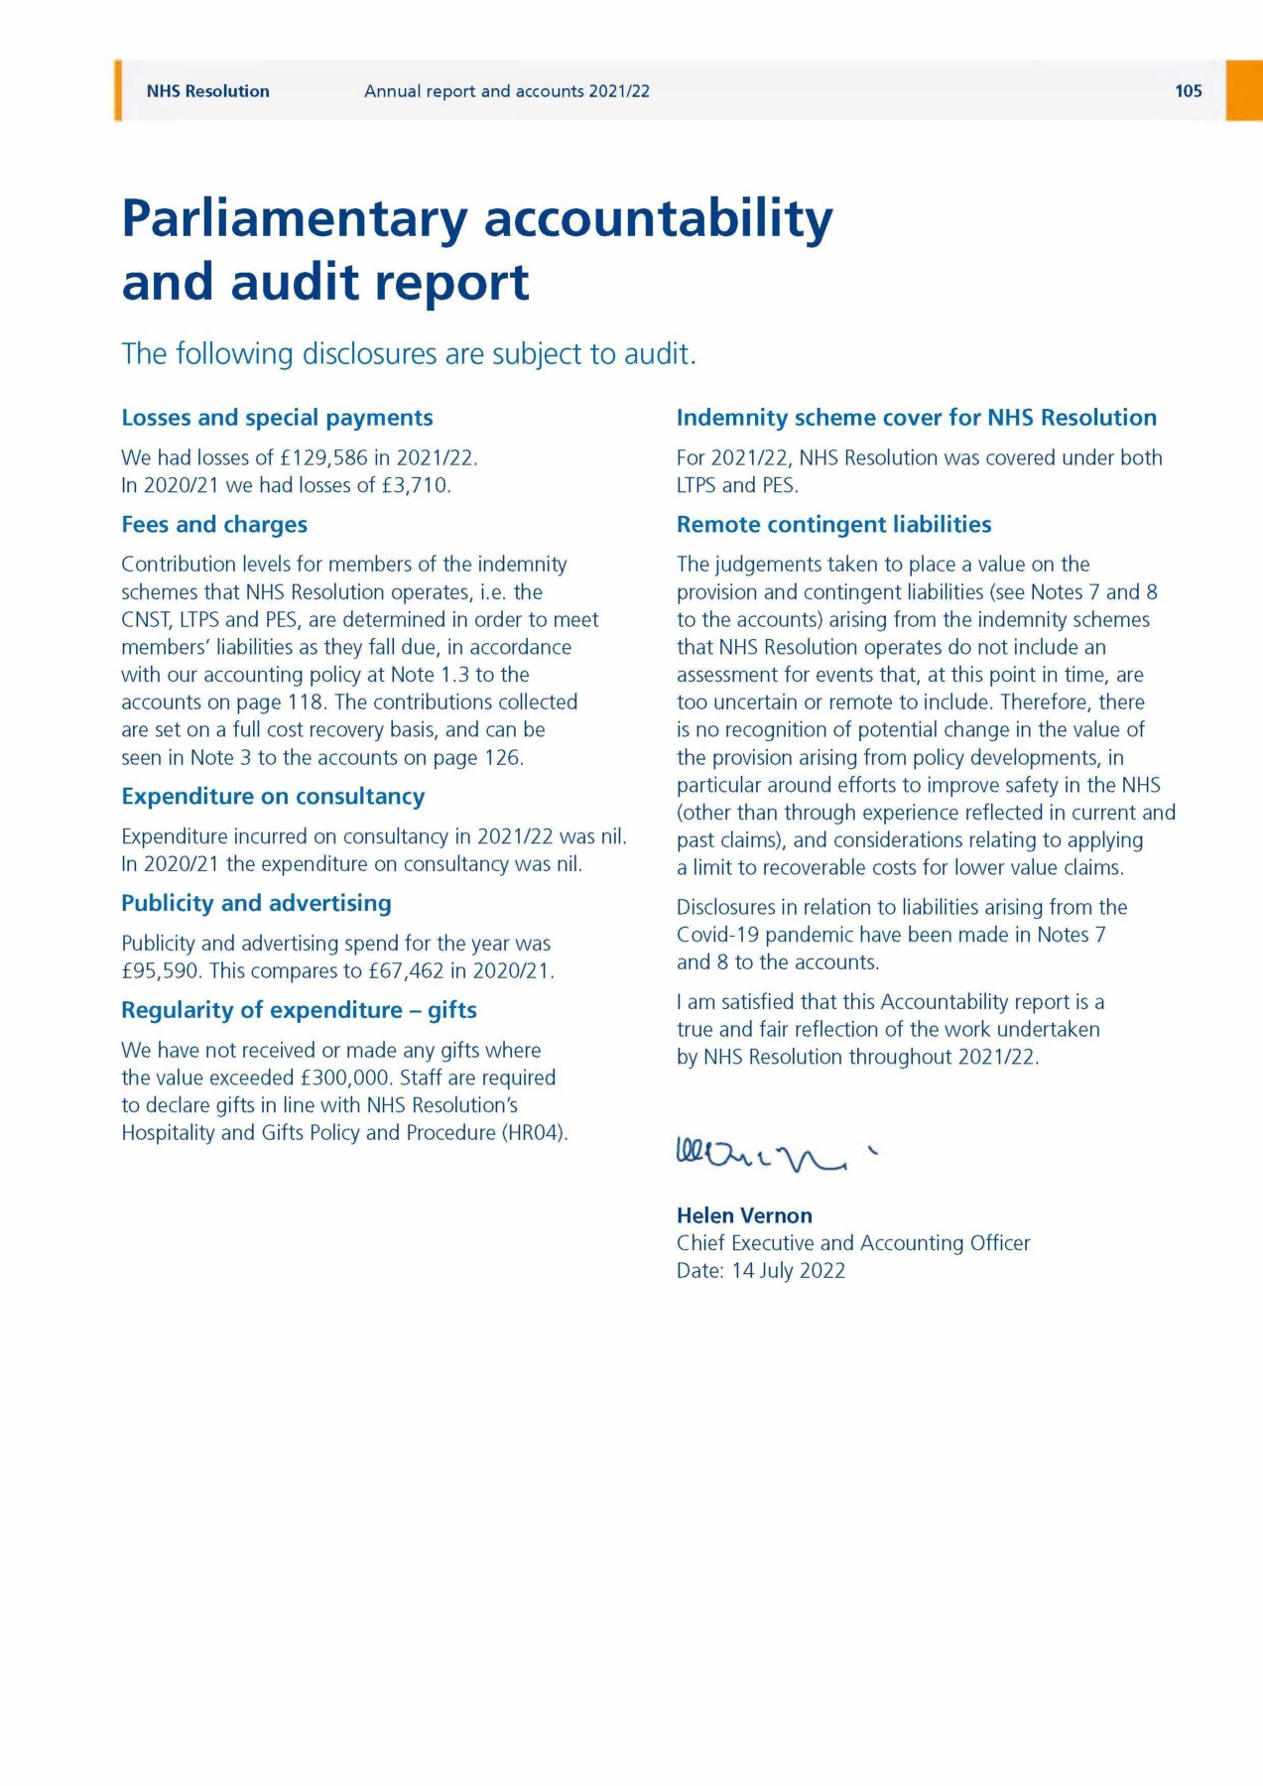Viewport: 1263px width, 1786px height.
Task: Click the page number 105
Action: click(1188, 91)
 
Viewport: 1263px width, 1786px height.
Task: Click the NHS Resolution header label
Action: click(207, 91)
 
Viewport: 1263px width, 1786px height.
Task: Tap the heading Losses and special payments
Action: click(277, 418)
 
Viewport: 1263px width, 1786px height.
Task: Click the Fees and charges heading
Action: click(214, 525)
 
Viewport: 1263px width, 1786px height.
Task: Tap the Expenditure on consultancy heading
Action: click(273, 797)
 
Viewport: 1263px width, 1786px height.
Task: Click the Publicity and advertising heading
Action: click(256, 904)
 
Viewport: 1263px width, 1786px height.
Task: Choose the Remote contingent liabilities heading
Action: click(833, 525)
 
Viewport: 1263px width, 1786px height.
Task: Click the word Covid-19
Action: click(717, 935)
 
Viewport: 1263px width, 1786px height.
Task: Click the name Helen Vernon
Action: click(744, 1215)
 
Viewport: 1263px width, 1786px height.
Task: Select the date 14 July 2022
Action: click(788, 1271)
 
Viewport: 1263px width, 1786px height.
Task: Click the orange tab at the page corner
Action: click(1244, 90)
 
